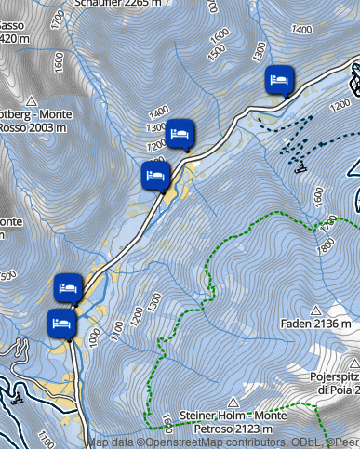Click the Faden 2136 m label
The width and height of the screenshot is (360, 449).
tap(316, 324)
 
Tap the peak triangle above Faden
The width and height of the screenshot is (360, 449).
tap(316, 310)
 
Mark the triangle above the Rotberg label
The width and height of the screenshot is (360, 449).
tap(31, 100)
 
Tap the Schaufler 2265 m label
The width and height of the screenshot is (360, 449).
tap(121, 4)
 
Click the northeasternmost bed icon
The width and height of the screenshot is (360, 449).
tap(279, 79)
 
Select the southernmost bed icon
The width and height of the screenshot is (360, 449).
tap(61, 324)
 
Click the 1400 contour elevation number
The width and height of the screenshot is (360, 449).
tap(159, 112)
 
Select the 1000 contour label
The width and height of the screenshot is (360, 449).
tap(94, 341)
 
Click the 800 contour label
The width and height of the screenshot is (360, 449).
tap(326, 245)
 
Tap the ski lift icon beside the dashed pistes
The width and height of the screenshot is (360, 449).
tap(300, 167)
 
